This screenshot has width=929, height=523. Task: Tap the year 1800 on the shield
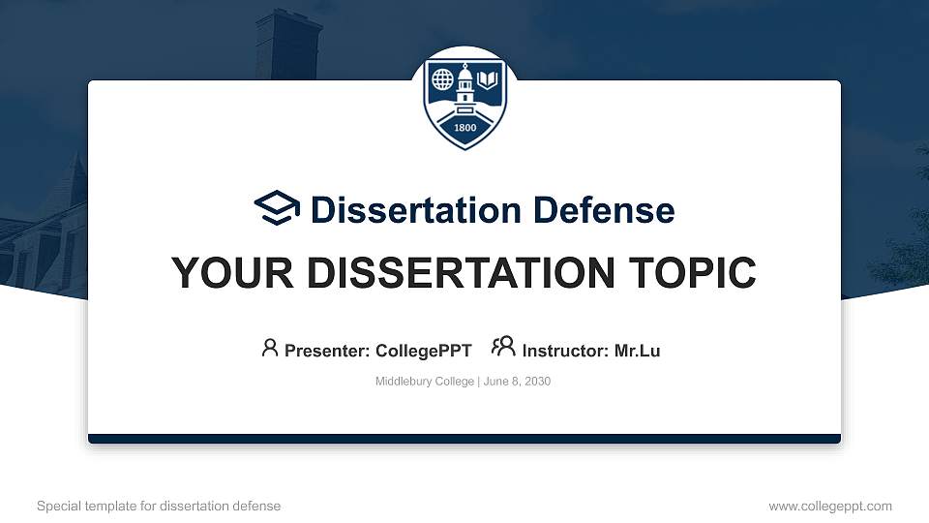click(464, 129)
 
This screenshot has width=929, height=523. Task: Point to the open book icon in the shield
click(488, 77)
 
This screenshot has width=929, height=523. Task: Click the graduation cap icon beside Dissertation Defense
click(278, 208)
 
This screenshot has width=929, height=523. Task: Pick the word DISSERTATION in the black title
click(459, 273)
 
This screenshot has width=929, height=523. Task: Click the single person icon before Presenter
click(270, 348)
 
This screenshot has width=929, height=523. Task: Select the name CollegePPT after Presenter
click(423, 351)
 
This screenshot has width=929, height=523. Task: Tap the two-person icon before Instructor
click(503, 348)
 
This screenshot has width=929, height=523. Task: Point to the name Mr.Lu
click(638, 351)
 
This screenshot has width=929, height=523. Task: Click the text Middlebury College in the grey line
click(424, 382)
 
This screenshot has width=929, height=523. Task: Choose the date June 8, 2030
click(517, 382)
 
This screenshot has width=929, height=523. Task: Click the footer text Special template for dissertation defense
click(159, 506)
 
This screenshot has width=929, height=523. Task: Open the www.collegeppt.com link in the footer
click(830, 506)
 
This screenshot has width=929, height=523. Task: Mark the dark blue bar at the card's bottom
click(464, 439)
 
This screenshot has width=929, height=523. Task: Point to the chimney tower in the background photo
click(287, 44)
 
